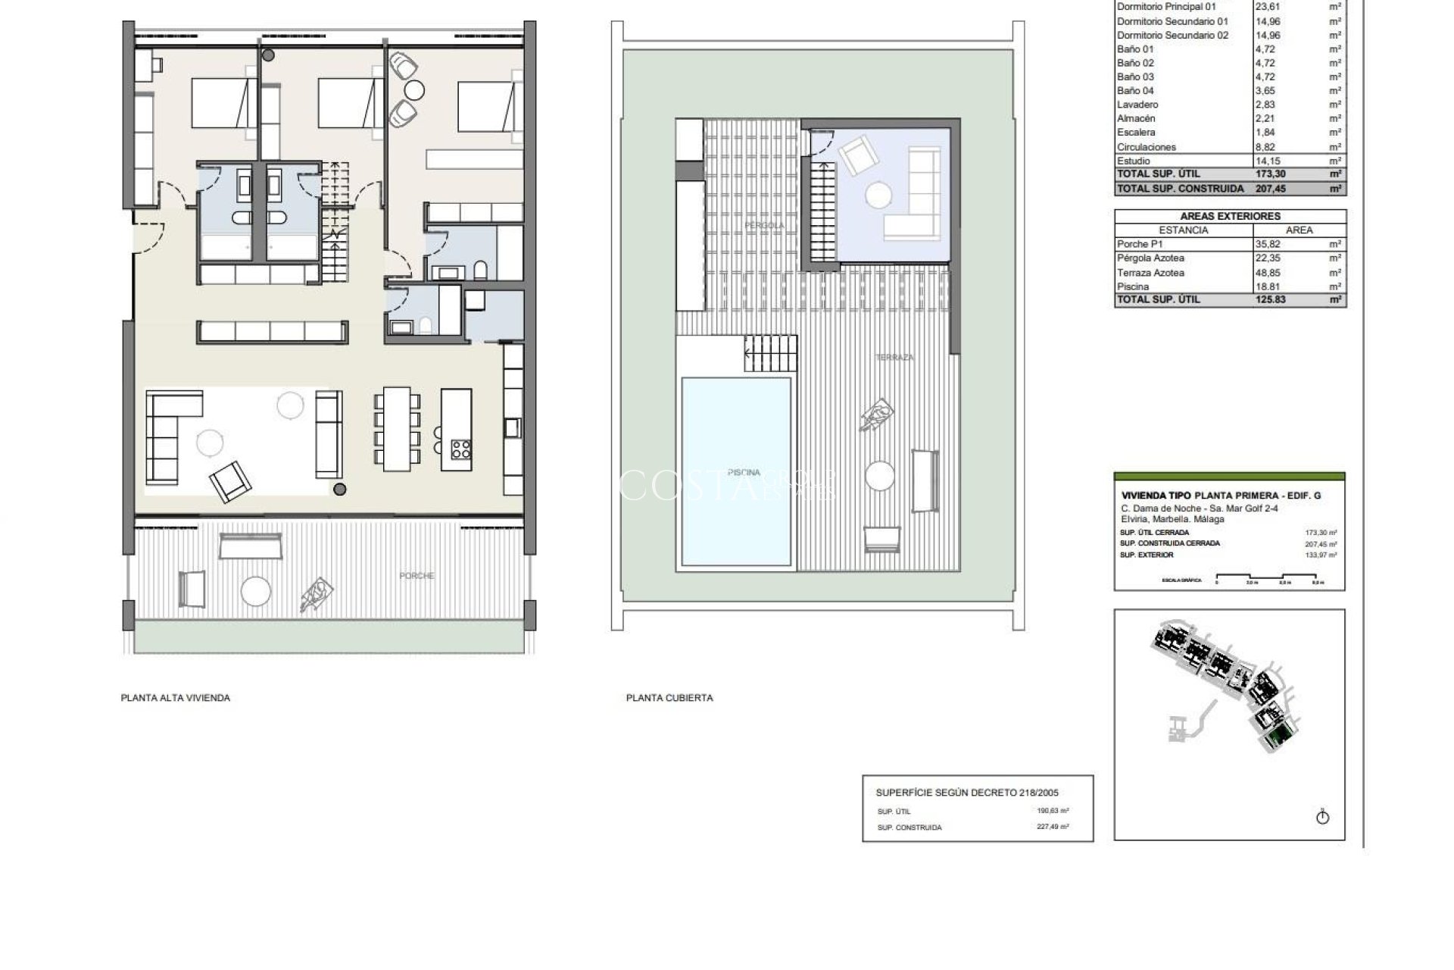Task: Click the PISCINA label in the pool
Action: click(x=744, y=473)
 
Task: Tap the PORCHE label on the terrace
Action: click(x=417, y=576)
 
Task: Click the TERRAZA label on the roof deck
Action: click(x=894, y=358)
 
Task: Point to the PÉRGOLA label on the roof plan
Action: click(x=764, y=226)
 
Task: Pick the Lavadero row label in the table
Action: click(x=1137, y=105)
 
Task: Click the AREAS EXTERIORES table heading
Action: click(x=1230, y=217)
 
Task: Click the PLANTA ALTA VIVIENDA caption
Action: click(x=175, y=698)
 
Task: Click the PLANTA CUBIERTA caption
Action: click(x=669, y=698)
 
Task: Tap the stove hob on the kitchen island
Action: click(x=460, y=449)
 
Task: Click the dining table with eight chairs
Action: click(x=395, y=428)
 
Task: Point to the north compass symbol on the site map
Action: click(x=1323, y=817)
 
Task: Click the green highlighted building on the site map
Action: click(x=1281, y=735)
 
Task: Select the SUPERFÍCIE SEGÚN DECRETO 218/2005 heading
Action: click(x=967, y=793)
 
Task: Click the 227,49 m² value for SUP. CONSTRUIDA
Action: click(x=1053, y=828)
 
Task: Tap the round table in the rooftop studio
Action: click(x=879, y=196)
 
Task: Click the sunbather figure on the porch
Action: click(x=317, y=594)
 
